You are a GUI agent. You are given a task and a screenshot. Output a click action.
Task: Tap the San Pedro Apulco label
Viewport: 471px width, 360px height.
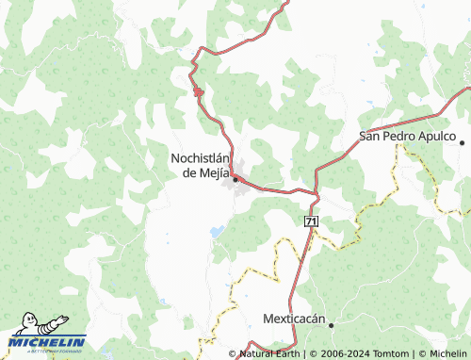pyautogui.click(x=408, y=136)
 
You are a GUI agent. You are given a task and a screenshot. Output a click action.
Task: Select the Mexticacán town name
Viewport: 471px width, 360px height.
pyautogui.click(x=294, y=319)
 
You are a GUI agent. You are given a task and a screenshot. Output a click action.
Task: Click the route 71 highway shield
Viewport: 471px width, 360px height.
pyautogui.click(x=311, y=220)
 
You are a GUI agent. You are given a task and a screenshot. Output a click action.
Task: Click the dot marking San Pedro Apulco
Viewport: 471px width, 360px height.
pyautogui.click(x=463, y=141)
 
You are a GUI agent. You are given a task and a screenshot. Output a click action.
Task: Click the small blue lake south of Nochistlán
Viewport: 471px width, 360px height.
pyautogui.click(x=218, y=230)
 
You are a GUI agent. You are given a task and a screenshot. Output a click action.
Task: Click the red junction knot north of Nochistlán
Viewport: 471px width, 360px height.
pyautogui.click(x=198, y=90)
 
